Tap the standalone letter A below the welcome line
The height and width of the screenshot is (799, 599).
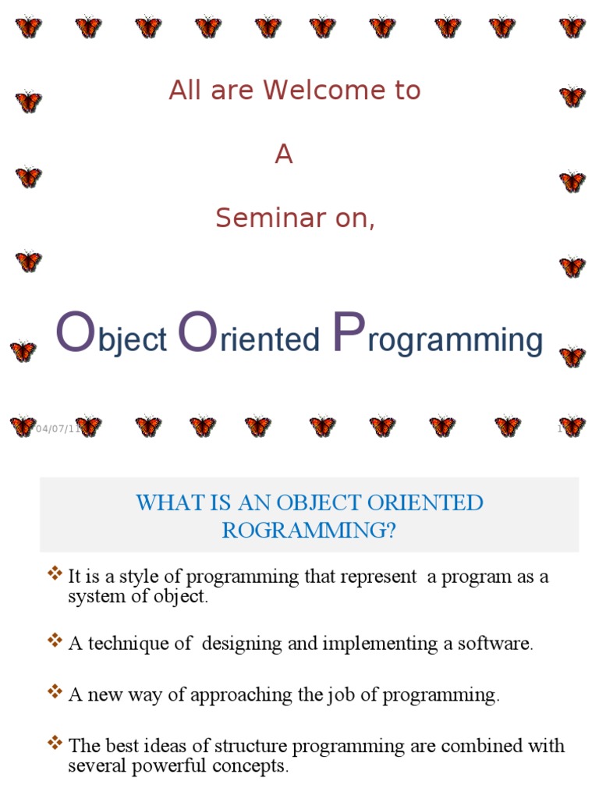284,155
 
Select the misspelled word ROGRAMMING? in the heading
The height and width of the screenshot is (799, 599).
309,531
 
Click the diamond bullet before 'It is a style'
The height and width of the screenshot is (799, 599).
55,575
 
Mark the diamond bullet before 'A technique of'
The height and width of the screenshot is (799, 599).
55,641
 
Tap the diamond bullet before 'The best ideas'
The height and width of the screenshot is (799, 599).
55,744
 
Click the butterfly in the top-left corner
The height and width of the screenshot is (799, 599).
28,27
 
